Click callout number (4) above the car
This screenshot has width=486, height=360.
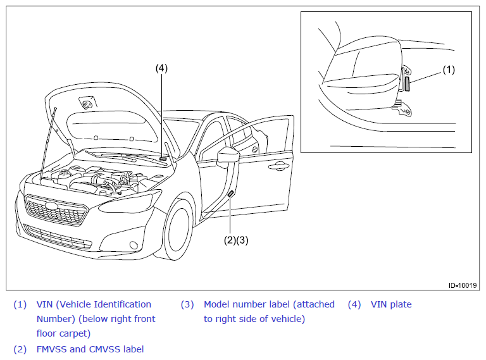[x=161, y=68]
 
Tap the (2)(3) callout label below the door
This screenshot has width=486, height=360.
[x=236, y=240]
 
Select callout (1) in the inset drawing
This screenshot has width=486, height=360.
[x=449, y=70]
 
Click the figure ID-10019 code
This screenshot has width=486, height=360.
[x=463, y=285]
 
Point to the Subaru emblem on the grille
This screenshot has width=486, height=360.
[x=51, y=206]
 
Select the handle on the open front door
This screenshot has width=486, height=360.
[x=278, y=166]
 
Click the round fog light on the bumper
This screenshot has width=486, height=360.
[x=134, y=245]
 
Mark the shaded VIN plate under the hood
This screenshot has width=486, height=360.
[x=163, y=158]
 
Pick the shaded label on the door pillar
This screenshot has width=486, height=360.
[x=230, y=194]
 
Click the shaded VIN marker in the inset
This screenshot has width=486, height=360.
[x=408, y=84]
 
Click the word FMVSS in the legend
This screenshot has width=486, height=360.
[x=52, y=349]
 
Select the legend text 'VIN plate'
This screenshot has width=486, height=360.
[x=391, y=304]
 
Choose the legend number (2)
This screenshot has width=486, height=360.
[x=20, y=349]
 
